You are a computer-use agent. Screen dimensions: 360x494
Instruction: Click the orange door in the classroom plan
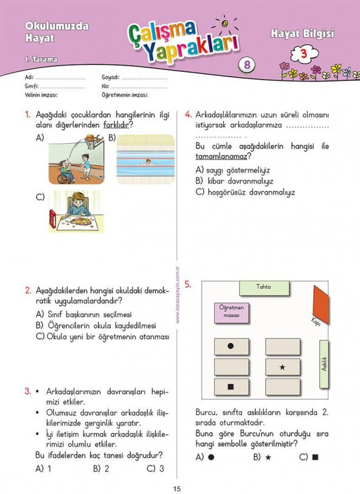click(321, 304)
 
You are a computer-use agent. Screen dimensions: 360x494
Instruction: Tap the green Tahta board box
click(264, 288)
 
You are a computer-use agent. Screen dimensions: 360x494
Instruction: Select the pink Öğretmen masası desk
click(231, 313)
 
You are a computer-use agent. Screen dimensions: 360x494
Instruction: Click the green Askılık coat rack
click(324, 364)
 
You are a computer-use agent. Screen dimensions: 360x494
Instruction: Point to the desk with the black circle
click(231, 346)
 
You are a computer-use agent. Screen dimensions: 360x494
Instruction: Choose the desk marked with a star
click(283, 367)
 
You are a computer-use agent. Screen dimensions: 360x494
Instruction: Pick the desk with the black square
click(231, 387)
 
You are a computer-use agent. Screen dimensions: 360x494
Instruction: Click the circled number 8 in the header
click(247, 64)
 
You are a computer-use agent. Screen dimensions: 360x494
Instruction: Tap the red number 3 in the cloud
click(303, 54)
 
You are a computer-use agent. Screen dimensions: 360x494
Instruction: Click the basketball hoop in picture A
click(94, 140)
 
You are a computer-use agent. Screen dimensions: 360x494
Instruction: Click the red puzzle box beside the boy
click(53, 219)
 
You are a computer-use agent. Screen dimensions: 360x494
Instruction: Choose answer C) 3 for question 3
click(156, 468)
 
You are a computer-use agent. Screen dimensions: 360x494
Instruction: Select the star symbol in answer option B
click(268, 457)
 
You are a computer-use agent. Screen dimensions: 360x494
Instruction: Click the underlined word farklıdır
click(116, 125)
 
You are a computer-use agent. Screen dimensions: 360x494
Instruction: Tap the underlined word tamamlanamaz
click(221, 156)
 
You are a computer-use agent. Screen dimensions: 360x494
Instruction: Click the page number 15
click(177, 489)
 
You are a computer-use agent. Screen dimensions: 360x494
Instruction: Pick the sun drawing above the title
click(225, 24)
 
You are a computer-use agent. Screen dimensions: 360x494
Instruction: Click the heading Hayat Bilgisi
click(302, 33)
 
